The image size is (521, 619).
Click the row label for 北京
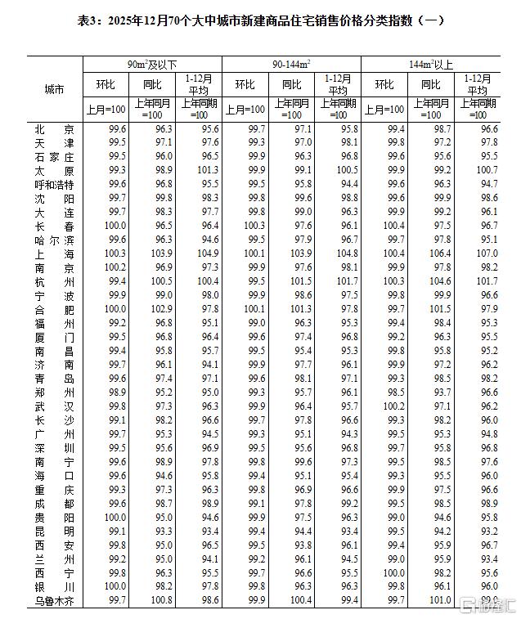pyautogui.click(x=55, y=129)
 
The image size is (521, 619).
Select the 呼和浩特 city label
pyautogui.click(x=55, y=184)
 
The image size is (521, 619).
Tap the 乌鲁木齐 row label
pyautogui.click(x=55, y=599)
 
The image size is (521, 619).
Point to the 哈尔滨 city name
pyautogui.click(x=55, y=239)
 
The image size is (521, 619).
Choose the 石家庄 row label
pyautogui.click(x=55, y=156)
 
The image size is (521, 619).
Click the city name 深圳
pyautogui.click(x=55, y=447)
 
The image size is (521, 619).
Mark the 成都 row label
pyautogui.click(x=55, y=503)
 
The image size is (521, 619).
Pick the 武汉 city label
pyautogui.click(x=55, y=406)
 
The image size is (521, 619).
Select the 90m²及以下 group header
pyautogui.click(x=152, y=63)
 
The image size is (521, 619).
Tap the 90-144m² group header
pyautogui.click(x=291, y=63)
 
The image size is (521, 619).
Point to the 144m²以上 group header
pyautogui.click(x=431, y=63)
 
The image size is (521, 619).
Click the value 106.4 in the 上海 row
pyautogui.click(x=432, y=253)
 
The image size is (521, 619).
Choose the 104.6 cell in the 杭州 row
pyautogui.click(x=432, y=280)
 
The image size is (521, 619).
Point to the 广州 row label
pyautogui.click(x=55, y=433)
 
